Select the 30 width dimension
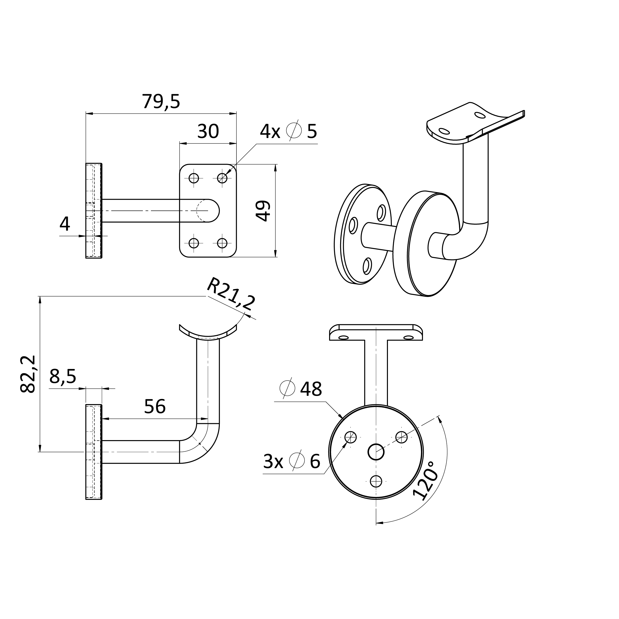coord(208,131)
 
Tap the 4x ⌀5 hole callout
coord(288,131)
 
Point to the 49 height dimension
coord(263,210)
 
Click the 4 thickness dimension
coord(65,224)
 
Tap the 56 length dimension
coord(155,407)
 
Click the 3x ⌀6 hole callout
coord(292,461)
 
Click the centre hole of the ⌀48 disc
coord(376,452)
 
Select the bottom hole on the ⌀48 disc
coord(376,490)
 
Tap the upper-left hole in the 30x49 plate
coord(194,178)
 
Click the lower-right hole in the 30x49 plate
coord(222,243)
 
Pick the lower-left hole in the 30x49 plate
coord(194,243)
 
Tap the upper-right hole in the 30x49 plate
coord(222,178)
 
